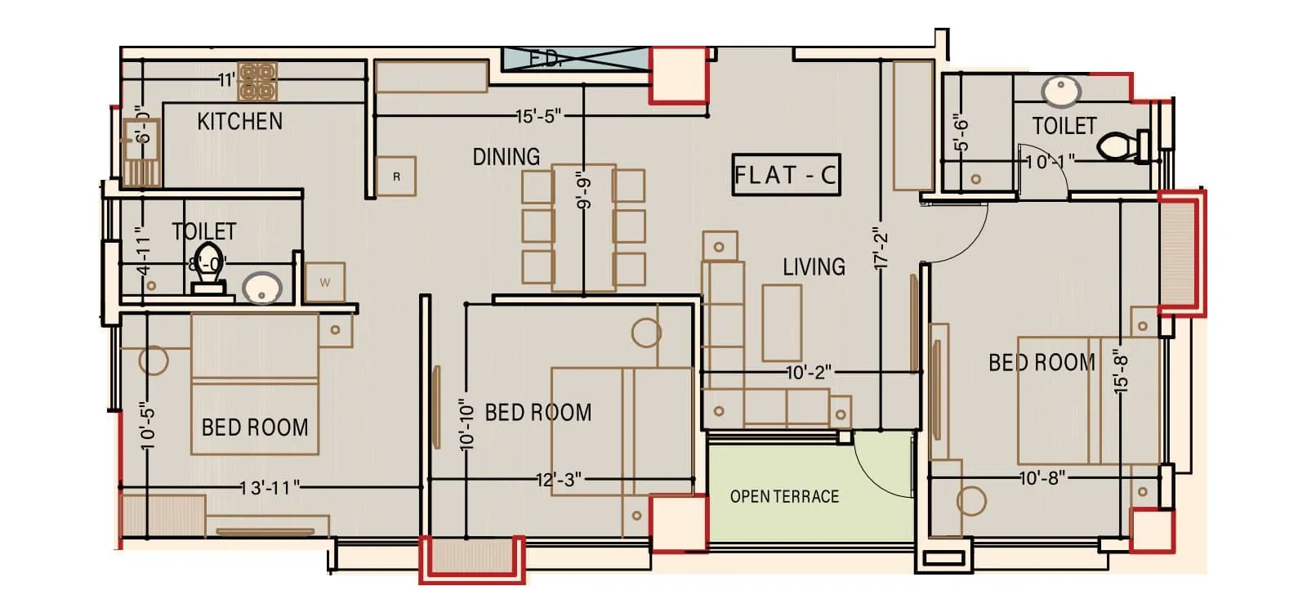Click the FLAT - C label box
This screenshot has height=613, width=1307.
point(785,175)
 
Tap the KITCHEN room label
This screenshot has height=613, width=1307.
point(239,122)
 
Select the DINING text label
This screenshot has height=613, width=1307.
point(506,157)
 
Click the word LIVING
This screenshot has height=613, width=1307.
point(814,267)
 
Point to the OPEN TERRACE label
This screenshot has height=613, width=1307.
point(784,497)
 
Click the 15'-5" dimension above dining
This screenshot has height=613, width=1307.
point(538,117)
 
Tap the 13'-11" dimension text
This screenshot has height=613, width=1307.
point(270,488)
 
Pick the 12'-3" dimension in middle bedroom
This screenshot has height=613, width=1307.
point(559,480)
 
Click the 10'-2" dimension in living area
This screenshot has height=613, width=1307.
point(809,373)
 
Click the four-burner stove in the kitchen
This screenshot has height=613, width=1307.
point(257,82)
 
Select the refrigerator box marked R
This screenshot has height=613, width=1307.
point(396,177)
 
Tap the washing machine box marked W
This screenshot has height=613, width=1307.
point(325,283)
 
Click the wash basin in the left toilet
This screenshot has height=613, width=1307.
point(262,288)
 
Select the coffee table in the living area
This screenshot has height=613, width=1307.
point(782,322)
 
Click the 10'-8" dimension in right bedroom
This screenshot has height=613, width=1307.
point(1042,477)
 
